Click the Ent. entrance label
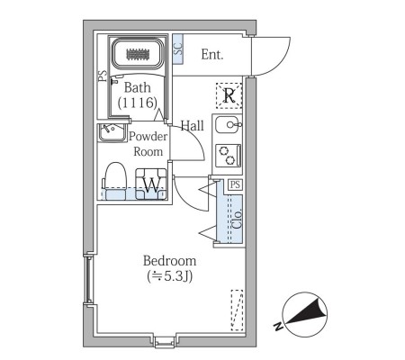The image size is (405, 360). point(212,55)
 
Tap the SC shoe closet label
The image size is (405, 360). point(178,49)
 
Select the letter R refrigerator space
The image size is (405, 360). point(229,96)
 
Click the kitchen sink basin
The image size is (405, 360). point(227,124)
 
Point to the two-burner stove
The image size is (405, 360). point(228,155)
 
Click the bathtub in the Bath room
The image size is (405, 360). point(138,54)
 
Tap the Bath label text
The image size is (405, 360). point(138,87)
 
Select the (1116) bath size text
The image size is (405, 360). point(138,103)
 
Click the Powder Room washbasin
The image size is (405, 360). point(112,132)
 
